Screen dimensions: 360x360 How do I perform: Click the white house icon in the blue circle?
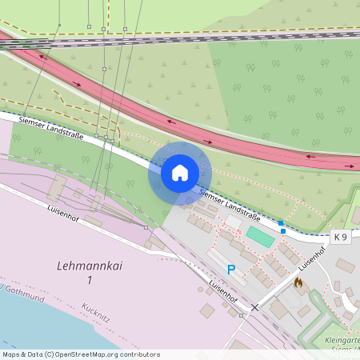tap(180, 172)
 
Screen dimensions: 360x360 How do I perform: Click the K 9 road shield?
tap(342, 237)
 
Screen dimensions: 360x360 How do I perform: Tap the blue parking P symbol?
tap(232, 270)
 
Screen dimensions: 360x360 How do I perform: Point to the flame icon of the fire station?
tap(298, 282)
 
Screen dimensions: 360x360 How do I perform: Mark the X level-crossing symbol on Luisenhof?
tap(255, 307)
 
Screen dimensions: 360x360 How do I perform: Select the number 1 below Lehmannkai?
tap(90, 279)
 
